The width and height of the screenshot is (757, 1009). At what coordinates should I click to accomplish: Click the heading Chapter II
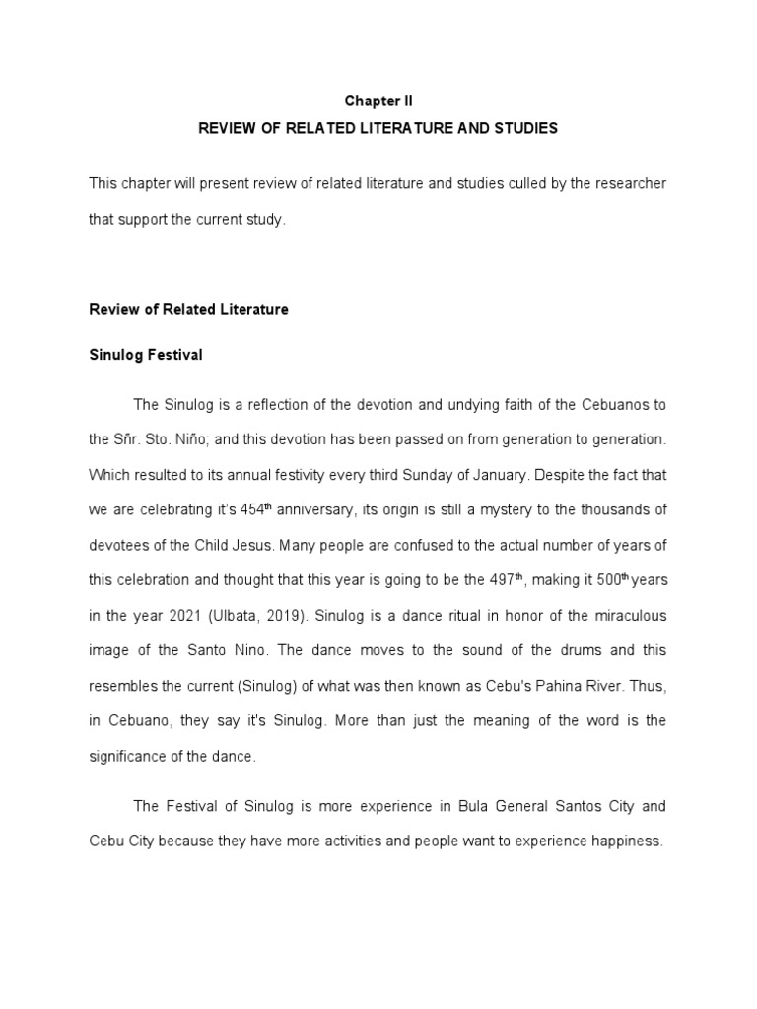pyautogui.click(x=378, y=101)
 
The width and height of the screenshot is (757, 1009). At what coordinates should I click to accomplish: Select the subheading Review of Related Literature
pyautogui.click(x=188, y=309)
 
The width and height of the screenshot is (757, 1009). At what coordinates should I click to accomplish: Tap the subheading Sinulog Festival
pyautogui.click(x=146, y=355)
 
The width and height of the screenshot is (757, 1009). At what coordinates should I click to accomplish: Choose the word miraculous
pyautogui.click(x=626, y=616)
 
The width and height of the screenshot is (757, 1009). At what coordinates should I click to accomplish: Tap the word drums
pyautogui.click(x=558, y=650)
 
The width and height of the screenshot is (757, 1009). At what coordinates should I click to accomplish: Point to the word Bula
pyautogui.click(x=476, y=806)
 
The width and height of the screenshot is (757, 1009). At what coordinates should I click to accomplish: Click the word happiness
pyautogui.click(x=627, y=841)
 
